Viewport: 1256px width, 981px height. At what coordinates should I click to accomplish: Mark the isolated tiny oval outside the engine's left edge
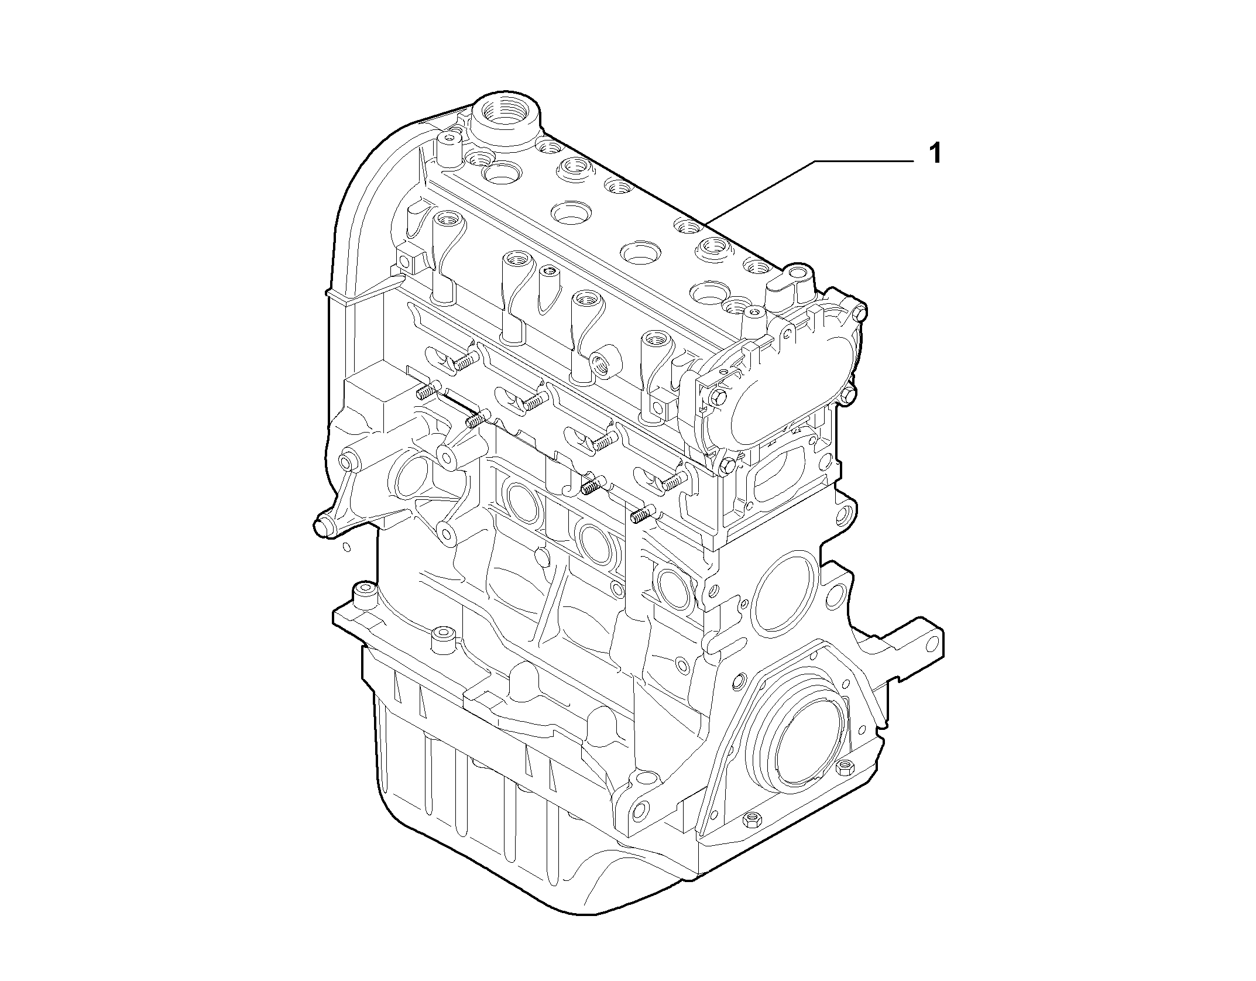tap(346, 547)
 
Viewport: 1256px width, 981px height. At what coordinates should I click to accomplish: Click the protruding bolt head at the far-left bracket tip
tap(321, 524)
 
